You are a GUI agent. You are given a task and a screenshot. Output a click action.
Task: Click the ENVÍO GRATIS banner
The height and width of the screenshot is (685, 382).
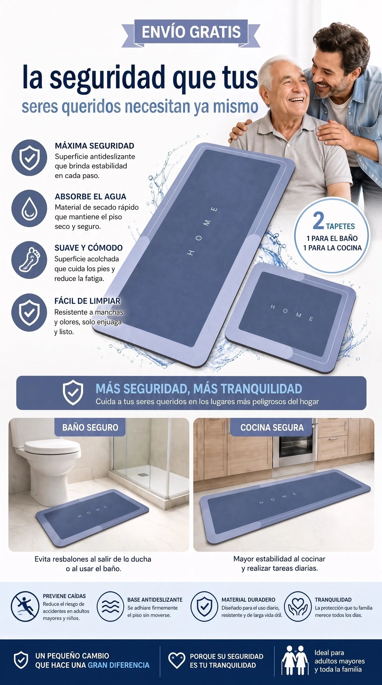click(x=191, y=32)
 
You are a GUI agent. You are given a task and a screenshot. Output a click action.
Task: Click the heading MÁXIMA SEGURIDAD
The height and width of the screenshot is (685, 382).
click(x=95, y=146)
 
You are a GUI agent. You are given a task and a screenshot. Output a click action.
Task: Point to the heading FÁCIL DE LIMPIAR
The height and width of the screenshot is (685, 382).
click(x=87, y=301)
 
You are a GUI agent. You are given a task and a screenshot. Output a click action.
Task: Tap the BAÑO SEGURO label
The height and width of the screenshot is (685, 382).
click(x=90, y=428)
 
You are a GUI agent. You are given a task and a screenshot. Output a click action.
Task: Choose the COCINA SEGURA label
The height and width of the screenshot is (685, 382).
click(x=272, y=428)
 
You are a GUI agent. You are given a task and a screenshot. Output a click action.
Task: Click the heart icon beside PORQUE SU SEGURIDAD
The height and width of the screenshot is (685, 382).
click(x=176, y=660)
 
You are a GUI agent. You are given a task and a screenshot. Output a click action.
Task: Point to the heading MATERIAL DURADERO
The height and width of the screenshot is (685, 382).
click(x=248, y=600)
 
